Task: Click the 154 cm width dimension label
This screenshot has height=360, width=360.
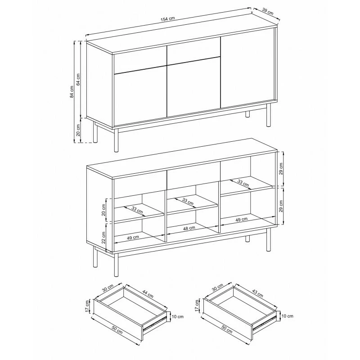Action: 167,19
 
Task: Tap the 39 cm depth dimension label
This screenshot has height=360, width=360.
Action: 268,12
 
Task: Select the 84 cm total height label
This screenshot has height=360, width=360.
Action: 72,92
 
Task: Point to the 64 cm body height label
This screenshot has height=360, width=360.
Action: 78,80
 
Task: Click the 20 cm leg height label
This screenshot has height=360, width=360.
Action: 78,130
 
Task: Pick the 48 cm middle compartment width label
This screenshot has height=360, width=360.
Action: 189,228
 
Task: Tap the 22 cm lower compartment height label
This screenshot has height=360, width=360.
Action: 103,238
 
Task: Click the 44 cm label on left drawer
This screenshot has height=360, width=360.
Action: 148,294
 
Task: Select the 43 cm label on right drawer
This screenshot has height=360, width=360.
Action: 257,293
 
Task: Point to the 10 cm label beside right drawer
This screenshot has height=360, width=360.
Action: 287,316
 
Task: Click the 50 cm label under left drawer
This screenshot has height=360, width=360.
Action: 117,330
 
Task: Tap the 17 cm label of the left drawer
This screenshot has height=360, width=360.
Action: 87,306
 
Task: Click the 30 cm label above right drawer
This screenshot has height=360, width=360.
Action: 218,288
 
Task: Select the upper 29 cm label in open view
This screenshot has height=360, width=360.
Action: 281,169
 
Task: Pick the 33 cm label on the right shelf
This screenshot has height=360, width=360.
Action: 243,183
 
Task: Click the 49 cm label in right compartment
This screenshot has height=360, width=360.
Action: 242,220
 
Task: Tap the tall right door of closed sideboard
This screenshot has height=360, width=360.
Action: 248,68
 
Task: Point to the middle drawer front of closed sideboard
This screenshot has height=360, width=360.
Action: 194,52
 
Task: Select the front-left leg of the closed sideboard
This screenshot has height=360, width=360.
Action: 117,140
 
